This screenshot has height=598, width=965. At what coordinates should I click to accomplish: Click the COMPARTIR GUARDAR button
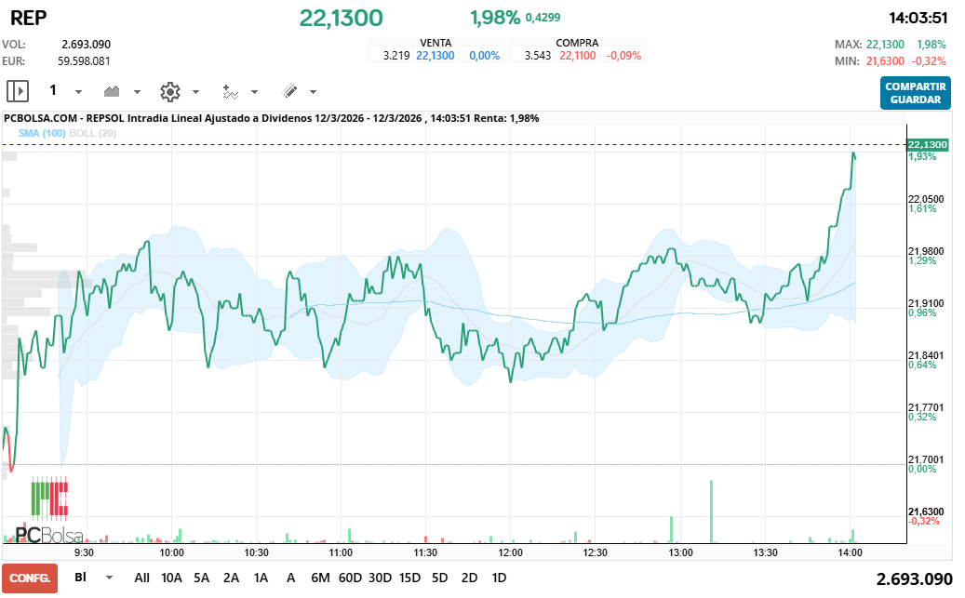(916, 93)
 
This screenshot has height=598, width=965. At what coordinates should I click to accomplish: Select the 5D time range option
(439, 578)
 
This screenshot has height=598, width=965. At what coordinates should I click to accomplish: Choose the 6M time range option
(320, 578)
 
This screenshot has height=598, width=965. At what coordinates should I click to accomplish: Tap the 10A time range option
(172, 578)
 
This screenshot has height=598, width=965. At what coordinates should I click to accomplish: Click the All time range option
(141, 578)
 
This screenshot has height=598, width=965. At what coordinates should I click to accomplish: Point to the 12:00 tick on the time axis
(511, 551)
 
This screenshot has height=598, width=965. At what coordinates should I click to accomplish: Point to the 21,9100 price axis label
(925, 303)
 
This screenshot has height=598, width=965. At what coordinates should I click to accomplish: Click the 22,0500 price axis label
(925, 199)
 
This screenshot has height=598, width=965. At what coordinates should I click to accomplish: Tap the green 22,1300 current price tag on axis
(927, 145)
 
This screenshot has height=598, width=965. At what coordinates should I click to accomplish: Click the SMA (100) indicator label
(35, 133)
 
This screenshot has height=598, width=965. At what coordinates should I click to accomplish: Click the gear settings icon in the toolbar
(169, 91)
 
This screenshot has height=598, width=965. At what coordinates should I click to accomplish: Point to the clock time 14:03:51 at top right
(918, 18)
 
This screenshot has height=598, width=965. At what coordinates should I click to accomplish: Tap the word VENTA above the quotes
(436, 43)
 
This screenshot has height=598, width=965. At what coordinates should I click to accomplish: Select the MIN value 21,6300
(885, 61)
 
